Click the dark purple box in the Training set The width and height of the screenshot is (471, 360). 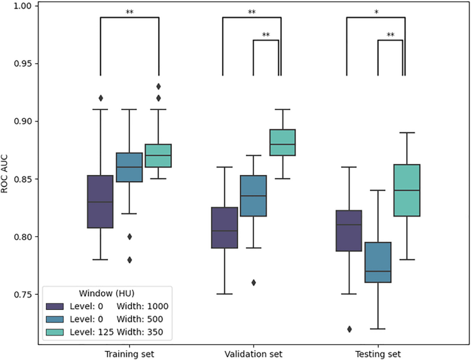[100, 201]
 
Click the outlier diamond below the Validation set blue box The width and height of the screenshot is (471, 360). [252, 282]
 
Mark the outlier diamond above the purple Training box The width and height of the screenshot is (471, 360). [100, 98]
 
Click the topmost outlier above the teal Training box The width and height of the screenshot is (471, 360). [159, 87]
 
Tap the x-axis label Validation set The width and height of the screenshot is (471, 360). [252, 354]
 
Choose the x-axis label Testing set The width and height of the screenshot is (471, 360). [375, 354]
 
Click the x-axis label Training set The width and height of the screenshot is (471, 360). [129, 354]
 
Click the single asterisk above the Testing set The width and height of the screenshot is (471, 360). [375, 12]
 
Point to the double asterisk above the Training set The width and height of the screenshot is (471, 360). [129, 12]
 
